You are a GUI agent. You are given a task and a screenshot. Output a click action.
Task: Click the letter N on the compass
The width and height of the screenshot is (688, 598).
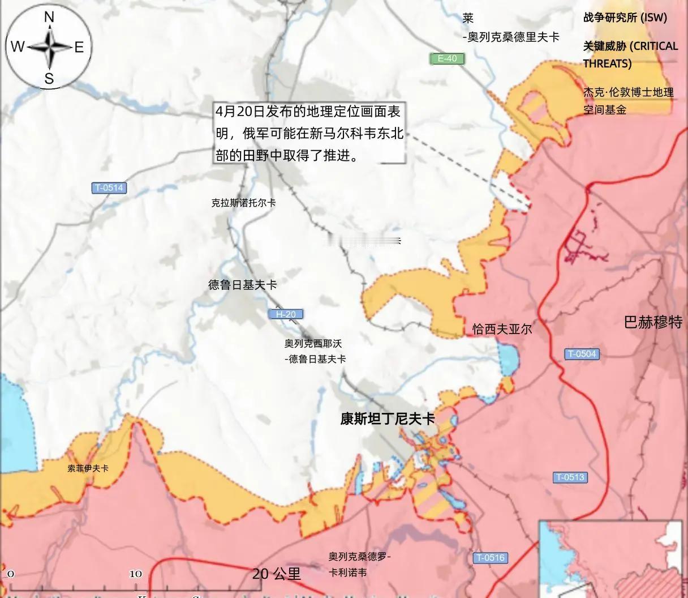[49, 18]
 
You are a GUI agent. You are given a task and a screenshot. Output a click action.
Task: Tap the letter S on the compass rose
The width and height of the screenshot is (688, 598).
[49, 78]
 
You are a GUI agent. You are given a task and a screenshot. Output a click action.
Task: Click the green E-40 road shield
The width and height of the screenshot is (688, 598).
[447, 58]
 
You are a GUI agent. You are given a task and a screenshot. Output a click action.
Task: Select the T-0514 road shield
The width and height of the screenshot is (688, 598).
[109, 188]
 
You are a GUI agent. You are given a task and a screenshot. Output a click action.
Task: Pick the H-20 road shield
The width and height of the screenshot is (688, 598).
[286, 314]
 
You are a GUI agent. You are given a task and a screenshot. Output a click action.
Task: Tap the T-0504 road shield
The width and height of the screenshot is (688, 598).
[582, 354]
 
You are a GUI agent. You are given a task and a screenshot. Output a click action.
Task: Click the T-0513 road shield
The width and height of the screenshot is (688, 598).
[570, 477]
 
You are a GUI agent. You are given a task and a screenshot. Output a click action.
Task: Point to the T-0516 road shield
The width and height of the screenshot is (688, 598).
[490, 558]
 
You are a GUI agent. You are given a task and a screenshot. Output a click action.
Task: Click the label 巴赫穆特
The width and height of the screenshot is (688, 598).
[652, 322]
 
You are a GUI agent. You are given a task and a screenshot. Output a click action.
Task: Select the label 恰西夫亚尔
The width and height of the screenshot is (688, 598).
[502, 329]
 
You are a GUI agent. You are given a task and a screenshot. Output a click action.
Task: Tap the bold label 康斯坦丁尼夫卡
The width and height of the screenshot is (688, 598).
[388, 419]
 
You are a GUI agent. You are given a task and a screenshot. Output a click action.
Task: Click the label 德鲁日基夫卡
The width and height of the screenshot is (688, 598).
[242, 285]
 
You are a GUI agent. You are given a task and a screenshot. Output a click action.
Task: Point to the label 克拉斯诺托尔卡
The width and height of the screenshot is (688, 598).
[243, 203]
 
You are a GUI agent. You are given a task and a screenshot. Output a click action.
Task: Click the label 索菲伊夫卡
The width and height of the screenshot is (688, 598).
[88, 468]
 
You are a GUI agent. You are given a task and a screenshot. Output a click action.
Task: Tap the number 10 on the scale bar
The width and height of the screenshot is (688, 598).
[136, 574]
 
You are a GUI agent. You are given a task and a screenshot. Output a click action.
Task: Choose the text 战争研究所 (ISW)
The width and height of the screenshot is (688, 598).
[625, 18]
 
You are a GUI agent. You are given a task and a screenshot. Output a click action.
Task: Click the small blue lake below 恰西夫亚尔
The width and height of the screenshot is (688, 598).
[509, 360]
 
